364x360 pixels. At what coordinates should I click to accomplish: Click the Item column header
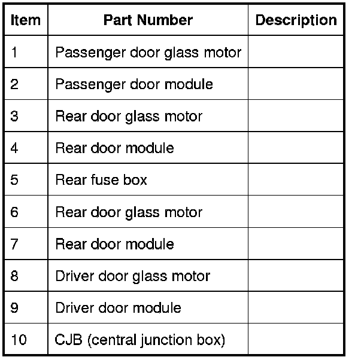[26, 20]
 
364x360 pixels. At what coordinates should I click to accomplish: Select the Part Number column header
[148, 20]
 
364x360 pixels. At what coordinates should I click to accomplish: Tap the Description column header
[296, 20]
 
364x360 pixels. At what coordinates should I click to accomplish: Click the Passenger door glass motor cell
[148, 52]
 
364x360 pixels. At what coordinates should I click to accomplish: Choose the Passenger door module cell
[134, 84]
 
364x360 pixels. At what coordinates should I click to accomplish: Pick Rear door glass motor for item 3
[129, 116]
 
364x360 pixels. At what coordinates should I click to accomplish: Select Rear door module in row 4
[114, 148]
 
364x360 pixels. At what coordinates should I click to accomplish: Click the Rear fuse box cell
[101, 180]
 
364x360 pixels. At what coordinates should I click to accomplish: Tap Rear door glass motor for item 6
[129, 212]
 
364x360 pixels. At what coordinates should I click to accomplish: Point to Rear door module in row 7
[114, 244]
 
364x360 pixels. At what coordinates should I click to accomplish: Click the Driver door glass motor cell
[132, 276]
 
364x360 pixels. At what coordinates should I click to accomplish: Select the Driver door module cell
[118, 308]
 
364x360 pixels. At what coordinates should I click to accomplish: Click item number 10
[19, 340]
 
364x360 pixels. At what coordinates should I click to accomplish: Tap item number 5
[15, 180]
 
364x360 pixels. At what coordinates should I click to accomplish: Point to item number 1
[15, 52]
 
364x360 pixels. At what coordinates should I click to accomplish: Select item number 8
[15, 276]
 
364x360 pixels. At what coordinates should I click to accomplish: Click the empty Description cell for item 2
[296, 84]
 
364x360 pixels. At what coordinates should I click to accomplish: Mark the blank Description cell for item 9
[296, 308]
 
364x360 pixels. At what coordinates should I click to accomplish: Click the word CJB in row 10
[66, 340]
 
